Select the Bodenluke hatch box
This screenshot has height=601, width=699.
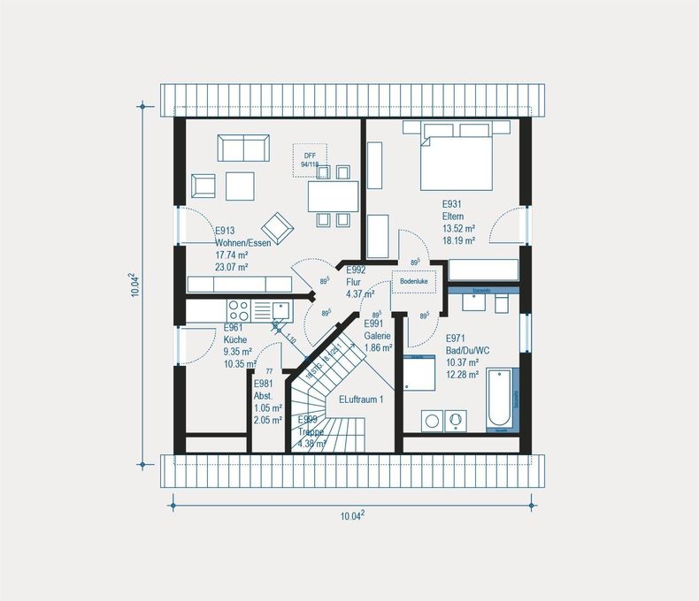(413, 281)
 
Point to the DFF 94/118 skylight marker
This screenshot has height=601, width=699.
(310, 159)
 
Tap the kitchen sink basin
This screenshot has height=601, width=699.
(280, 308)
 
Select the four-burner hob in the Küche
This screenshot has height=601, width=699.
(238, 308)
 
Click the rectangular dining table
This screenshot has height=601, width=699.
(333, 195)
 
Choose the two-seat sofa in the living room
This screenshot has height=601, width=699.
(245, 148)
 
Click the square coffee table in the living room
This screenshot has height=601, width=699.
(241, 186)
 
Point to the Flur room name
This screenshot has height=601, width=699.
(354, 282)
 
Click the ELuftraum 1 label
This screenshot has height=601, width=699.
(361, 399)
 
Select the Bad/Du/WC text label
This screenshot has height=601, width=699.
(467, 350)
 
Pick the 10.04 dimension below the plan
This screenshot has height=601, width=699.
(352, 518)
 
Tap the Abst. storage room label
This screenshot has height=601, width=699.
(264, 396)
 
